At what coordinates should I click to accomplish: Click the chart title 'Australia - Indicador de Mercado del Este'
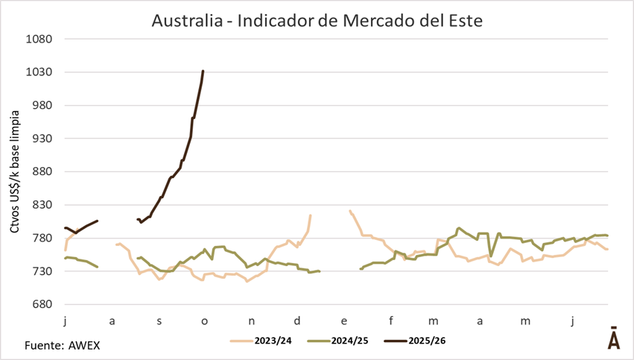click(x=317, y=20)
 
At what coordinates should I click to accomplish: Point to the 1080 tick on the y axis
click(x=39, y=39)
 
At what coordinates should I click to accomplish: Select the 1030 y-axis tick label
click(x=39, y=72)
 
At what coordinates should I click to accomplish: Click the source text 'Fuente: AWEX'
click(x=62, y=346)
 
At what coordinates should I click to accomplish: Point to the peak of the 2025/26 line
click(x=203, y=72)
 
